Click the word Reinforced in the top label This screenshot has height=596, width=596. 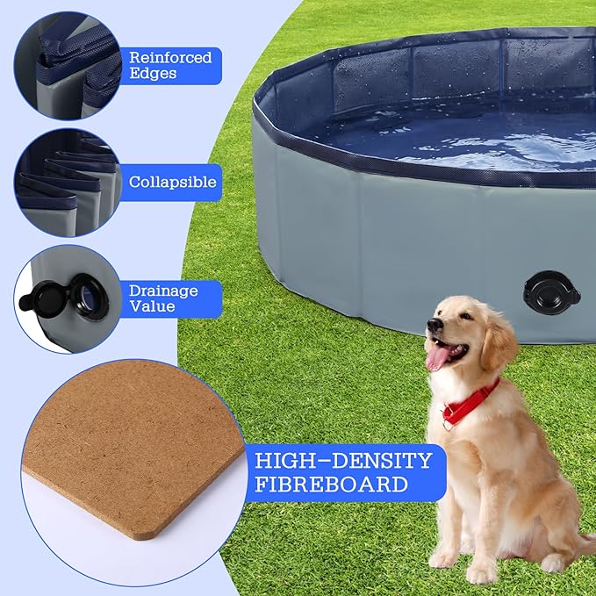click(x=170, y=58)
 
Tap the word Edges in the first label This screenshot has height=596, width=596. click(x=153, y=74)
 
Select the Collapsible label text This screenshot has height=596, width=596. click(x=172, y=183)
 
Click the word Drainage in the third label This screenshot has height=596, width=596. click(x=163, y=291)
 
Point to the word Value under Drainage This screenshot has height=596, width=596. click(x=153, y=305)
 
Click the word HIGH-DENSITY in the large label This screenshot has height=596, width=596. click(x=342, y=461)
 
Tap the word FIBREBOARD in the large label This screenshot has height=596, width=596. click(x=330, y=484)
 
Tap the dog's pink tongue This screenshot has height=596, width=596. click(x=436, y=356)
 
